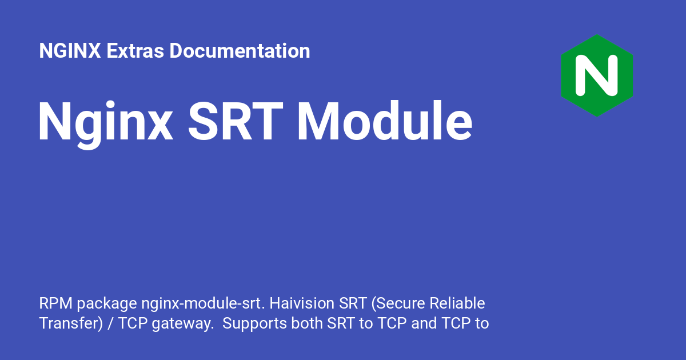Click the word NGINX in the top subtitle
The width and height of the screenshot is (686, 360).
(x=70, y=50)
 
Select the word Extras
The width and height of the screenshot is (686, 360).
(x=135, y=51)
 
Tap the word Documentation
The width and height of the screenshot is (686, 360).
(x=240, y=51)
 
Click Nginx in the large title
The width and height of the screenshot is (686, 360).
(x=105, y=122)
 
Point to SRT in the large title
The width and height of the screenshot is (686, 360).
(x=236, y=121)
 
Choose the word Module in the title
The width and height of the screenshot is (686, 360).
(x=385, y=121)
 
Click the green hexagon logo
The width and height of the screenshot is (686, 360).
(x=597, y=75)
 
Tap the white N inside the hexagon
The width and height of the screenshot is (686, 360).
(x=597, y=75)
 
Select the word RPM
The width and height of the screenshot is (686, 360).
(x=56, y=303)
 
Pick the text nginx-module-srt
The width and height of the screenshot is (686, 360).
(x=203, y=304)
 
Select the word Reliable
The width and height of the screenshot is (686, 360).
(x=457, y=303)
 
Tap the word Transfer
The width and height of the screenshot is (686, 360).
(x=69, y=323)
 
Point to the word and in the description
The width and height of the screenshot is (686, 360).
(x=424, y=323)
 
